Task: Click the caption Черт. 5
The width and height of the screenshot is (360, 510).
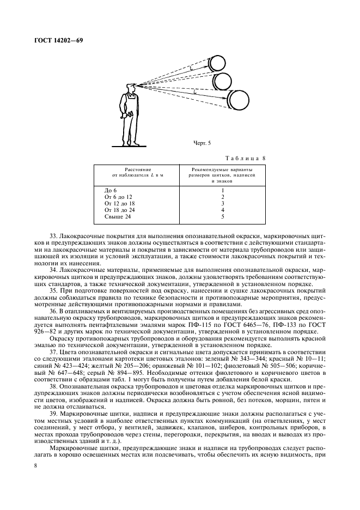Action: (202, 143)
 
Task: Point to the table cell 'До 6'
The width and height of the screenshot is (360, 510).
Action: (110, 189)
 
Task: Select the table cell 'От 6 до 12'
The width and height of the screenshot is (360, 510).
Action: (118, 196)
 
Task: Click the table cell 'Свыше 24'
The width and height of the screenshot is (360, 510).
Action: (116, 216)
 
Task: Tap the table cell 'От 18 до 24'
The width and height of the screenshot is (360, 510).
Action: (119, 210)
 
